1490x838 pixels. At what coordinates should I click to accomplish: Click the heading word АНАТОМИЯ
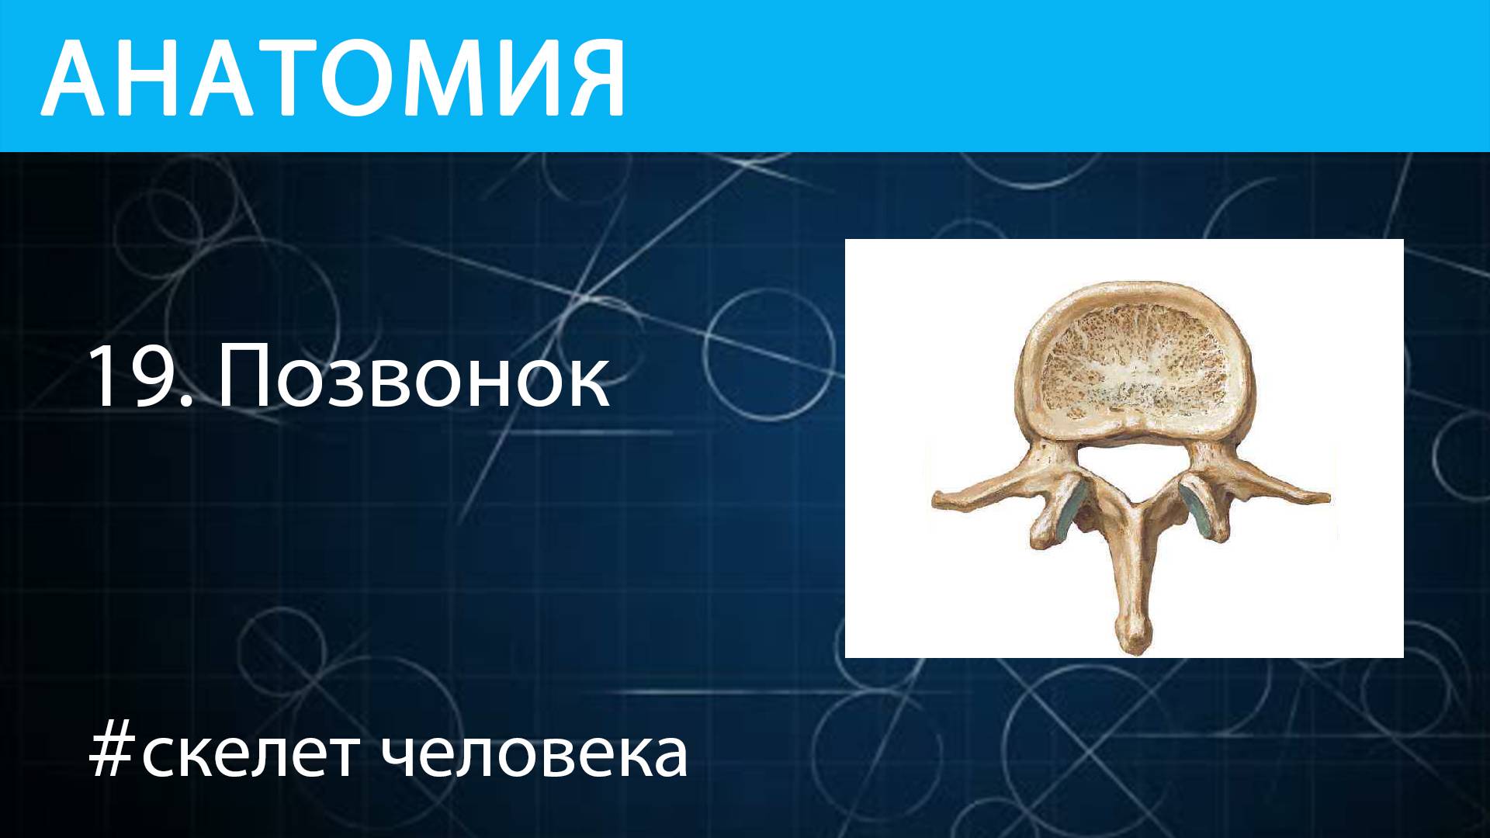click(334, 78)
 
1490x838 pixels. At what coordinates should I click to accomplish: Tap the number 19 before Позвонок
click(132, 378)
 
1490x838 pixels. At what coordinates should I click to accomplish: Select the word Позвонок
click(414, 378)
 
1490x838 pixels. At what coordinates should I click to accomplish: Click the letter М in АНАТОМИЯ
click(434, 78)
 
